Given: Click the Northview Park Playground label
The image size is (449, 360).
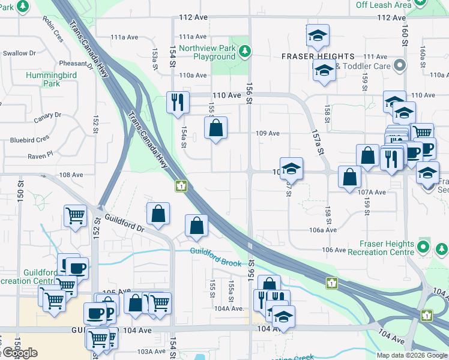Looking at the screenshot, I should coord(206,52).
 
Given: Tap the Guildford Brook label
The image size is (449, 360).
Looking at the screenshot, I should coord(215,257).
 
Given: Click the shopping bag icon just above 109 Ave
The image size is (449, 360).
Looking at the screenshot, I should coord(215,128).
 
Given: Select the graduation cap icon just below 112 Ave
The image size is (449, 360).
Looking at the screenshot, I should coord(318,35).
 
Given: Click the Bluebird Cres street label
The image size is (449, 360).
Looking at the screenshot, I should coord(29,139).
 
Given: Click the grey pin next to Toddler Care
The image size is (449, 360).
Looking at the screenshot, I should coord(399,65).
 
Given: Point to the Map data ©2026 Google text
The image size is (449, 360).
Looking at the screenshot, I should coord(412,355).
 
